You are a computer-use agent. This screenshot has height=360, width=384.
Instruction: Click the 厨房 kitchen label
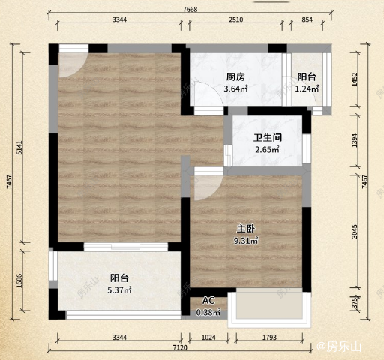235,76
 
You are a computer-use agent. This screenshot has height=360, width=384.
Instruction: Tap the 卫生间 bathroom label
268,138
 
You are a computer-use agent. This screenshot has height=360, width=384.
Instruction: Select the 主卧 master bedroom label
246,229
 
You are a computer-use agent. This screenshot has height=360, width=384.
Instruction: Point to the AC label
208,300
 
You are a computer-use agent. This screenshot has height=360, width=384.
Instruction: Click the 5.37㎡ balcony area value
119,290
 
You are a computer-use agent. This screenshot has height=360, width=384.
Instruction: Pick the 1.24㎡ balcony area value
307,88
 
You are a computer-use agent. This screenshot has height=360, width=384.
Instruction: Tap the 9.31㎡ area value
246,241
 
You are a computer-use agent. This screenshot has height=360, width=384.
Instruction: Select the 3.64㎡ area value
235,88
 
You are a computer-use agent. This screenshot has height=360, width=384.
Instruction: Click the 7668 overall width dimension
190,9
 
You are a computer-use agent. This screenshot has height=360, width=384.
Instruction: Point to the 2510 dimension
236,19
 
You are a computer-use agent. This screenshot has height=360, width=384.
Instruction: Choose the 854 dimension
307,19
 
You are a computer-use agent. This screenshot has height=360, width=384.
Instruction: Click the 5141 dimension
19,148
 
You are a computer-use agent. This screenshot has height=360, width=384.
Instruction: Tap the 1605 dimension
19,280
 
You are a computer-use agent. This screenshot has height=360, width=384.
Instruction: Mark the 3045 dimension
355,232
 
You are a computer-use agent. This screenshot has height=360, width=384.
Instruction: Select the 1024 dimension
208,337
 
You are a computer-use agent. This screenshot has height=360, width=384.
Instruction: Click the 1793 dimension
269,337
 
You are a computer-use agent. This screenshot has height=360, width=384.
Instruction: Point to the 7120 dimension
180,347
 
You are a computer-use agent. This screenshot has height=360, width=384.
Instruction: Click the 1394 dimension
355,140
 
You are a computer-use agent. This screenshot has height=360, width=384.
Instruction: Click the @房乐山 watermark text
339,346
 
